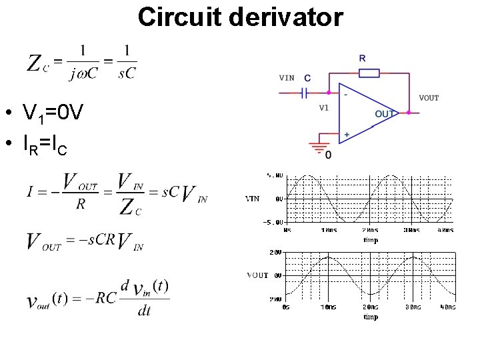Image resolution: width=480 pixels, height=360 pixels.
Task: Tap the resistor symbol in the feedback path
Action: [369, 73]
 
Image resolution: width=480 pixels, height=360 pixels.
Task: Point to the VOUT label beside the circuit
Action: [429, 98]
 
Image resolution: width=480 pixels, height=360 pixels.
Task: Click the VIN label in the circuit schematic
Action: [287, 78]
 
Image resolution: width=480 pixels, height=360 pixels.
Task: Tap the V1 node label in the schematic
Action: [324, 107]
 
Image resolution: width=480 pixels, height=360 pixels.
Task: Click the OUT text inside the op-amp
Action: [385, 114]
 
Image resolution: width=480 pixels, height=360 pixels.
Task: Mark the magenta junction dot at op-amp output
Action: [399, 114]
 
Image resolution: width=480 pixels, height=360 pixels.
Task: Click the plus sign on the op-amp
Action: [346, 135]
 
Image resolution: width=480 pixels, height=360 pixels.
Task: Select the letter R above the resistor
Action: [362, 59]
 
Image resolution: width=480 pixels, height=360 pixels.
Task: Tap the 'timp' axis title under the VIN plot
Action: [371, 240]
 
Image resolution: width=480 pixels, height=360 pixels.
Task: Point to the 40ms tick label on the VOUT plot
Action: [447, 307]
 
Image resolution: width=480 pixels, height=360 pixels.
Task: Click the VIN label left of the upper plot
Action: [253, 198]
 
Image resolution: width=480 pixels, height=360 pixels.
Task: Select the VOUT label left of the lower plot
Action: [257, 275]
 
